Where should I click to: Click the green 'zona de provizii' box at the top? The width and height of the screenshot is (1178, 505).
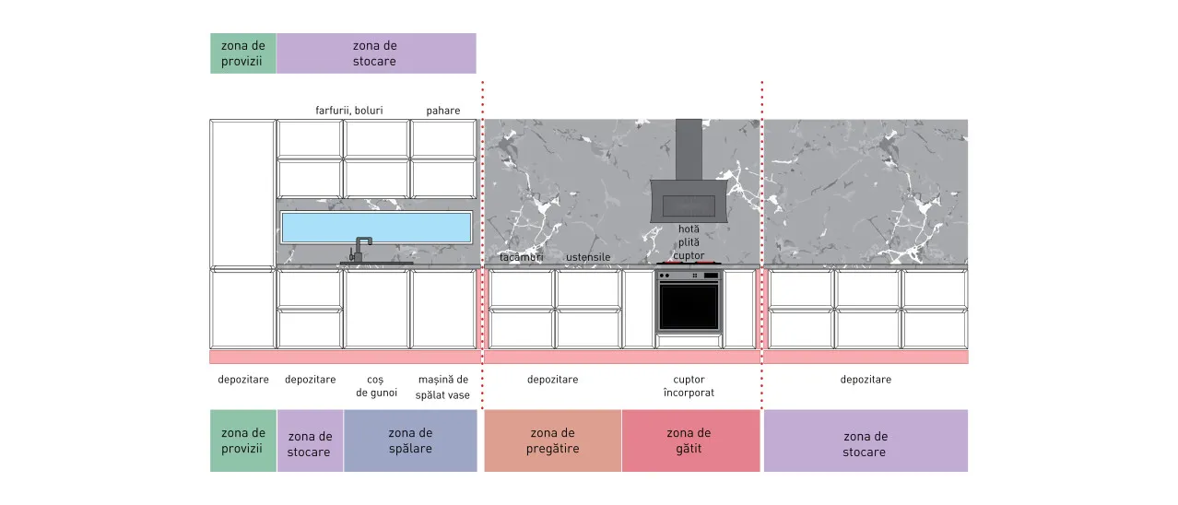click(x=243, y=53)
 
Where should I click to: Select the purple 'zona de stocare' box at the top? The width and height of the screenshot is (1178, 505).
click(x=376, y=53)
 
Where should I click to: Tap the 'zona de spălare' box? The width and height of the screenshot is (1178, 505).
click(x=410, y=440)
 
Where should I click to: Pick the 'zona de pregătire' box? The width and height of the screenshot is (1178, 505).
click(x=553, y=440)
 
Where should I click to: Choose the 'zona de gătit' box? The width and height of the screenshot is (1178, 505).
click(x=690, y=440)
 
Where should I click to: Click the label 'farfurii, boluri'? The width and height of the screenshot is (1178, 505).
click(x=349, y=111)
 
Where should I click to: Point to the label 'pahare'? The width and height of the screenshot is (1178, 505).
click(x=442, y=111)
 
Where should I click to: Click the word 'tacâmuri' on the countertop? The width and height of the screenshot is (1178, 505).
click(x=521, y=257)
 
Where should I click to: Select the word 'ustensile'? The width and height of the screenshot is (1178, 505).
click(x=588, y=257)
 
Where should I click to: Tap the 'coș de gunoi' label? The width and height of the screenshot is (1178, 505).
click(x=376, y=386)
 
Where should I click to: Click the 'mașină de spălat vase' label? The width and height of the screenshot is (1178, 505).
click(x=442, y=387)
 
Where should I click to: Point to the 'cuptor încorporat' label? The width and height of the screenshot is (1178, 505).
click(x=689, y=386)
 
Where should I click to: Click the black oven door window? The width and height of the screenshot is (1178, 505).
click(x=689, y=307)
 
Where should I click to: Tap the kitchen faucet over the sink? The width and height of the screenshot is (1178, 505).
click(x=360, y=249)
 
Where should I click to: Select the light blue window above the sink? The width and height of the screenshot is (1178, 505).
click(x=376, y=227)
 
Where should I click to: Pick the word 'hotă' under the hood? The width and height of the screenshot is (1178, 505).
click(x=689, y=229)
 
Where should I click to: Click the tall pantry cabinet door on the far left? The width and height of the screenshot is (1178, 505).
click(x=242, y=194)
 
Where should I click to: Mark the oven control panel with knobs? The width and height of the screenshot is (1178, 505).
click(x=689, y=276)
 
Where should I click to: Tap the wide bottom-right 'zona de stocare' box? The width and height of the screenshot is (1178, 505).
click(x=866, y=440)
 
